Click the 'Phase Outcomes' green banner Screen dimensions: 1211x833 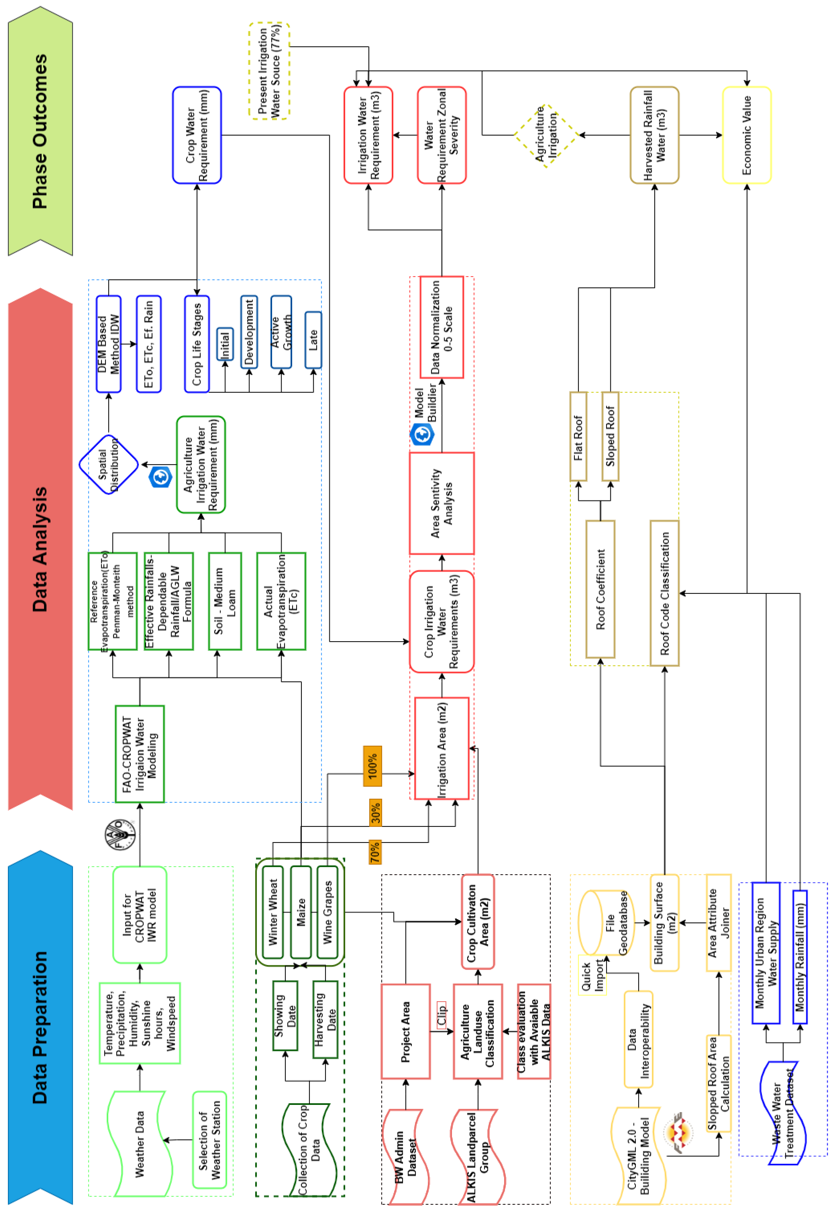(x=40, y=131)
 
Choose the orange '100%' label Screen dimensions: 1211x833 (x=372, y=766)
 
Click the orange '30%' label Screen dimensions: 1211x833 (x=375, y=812)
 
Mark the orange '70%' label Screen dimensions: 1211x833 (x=375, y=852)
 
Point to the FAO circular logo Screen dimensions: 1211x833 (x=119, y=835)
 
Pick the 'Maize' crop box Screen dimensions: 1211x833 (x=301, y=912)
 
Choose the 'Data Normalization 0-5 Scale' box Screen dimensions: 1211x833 (x=442, y=327)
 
